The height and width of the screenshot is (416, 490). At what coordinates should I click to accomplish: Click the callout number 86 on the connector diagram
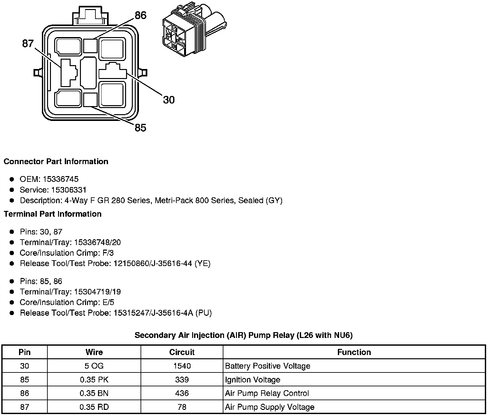141,15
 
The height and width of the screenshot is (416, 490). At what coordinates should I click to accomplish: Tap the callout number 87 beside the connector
28,44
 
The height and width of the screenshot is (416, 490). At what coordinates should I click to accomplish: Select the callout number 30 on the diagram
169,100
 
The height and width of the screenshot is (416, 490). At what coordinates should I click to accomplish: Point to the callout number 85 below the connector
140,128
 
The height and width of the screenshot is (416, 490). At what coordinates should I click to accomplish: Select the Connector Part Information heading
56,162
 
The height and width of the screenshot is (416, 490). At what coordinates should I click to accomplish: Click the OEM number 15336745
61,179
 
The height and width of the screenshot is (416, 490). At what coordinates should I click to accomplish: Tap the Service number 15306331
69,190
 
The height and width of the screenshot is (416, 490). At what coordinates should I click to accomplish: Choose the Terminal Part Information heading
53,214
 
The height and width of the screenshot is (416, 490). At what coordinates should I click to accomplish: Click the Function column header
354,352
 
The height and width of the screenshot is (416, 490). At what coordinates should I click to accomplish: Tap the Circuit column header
182,352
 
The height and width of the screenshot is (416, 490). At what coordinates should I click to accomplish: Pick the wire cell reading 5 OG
94,366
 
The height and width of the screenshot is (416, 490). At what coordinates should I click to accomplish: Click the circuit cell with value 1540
182,366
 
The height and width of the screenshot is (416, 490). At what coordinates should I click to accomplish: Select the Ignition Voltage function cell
253,380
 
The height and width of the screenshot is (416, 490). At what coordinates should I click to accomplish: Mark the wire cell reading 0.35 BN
94,393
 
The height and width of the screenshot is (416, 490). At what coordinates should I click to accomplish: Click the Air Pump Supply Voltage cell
269,407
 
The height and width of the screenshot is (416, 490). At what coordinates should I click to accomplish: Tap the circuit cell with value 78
182,407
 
